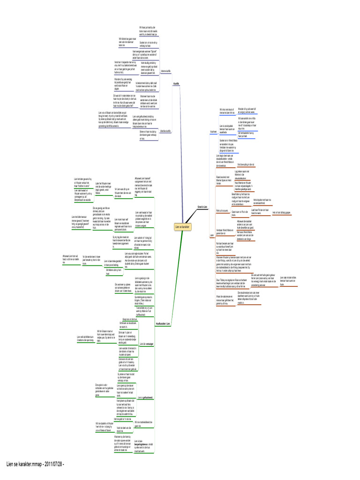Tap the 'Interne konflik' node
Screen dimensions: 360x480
coord(165,71)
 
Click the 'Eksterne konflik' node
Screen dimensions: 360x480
coord(165,131)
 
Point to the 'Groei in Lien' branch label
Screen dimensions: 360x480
coord(202,206)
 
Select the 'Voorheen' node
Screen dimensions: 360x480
coord(212,132)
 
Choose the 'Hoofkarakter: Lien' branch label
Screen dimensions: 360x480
coord(162,324)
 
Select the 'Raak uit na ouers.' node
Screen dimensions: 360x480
coord(222,211)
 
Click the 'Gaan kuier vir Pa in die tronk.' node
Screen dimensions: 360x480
coord(240,213)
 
